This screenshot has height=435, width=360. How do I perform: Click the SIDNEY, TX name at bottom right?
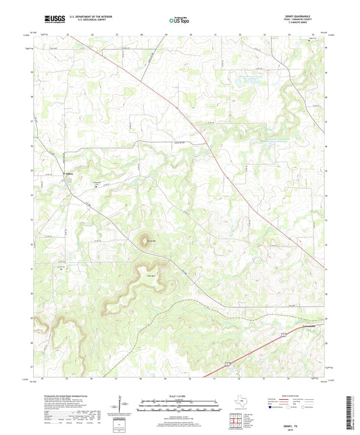coord(309,419)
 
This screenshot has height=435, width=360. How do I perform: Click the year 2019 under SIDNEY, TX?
coord(309,424)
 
